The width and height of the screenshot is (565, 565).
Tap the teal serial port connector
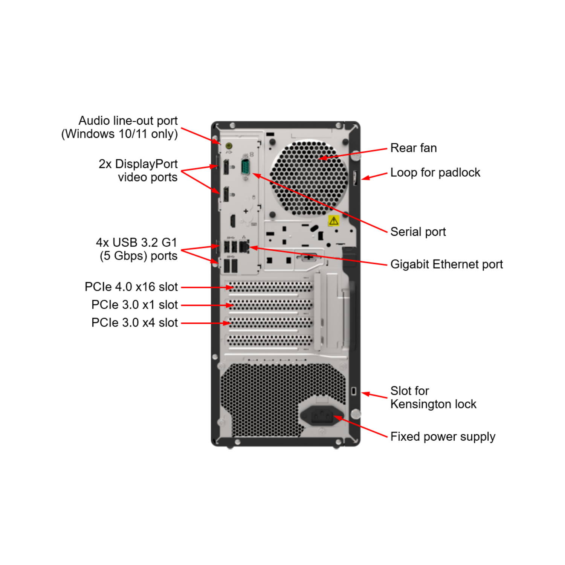click(x=246, y=166)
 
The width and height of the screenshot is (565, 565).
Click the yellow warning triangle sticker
click(x=334, y=221)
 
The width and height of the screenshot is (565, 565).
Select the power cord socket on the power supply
click(x=322, y=416)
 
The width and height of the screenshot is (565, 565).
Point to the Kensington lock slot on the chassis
click(x=354, y=391)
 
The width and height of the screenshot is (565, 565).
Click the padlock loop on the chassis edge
click(x=355, y=178)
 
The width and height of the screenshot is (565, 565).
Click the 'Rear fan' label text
click(x=414, y=148)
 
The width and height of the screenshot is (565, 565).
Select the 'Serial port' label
click(x=418, y=232)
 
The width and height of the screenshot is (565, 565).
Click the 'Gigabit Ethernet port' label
click(x=447, y=264)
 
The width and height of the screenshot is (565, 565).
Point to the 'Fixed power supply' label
click(x=443, y=437)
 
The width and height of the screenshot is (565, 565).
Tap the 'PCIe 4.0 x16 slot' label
click(x=131, y=287)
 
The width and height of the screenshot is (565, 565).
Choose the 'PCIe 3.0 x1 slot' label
click(x=134, y=305)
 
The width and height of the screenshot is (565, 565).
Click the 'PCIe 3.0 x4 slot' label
click(x=134, y=323)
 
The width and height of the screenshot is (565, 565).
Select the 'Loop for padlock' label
click(x=435, y=173)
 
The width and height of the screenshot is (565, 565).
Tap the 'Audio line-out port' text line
click(x=128, y=121)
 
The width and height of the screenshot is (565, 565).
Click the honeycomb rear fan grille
click(x=309, y=178)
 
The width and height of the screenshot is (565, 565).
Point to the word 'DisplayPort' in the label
click(x=146, y=164)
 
